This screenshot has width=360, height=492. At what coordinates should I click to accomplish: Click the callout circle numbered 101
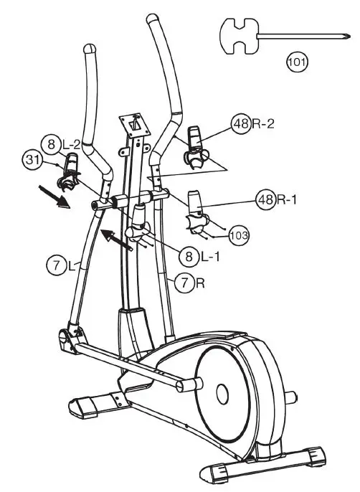(298, 60)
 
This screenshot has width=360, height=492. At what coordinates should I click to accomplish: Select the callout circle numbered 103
(237, 233)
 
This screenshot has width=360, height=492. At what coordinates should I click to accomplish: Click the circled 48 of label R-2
(242, 123)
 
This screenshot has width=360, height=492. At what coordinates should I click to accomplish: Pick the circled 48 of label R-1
(266, 199)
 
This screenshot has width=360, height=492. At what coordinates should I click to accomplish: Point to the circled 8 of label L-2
(50, 143)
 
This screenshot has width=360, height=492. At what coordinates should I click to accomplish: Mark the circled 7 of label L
(55, 267)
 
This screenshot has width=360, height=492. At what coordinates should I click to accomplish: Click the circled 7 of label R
(184, 283)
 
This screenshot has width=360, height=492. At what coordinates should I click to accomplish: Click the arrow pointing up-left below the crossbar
(118, 241)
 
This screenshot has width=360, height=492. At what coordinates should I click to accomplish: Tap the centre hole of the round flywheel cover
(222, 392)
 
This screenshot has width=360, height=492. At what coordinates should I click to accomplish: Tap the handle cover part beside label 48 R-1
(196, 208)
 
